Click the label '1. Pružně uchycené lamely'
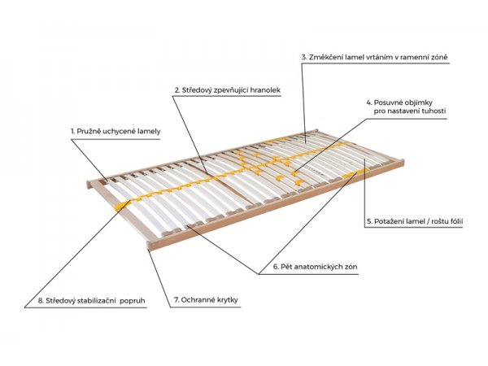click(x=115, y=131)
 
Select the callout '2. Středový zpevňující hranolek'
click(x=228, y=90)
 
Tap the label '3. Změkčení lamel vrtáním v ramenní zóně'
click(x=375, y=57)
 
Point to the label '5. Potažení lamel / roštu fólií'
click(x=415, y=221)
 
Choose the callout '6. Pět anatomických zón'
click(x=316, y=267)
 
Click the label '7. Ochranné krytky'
click(x=206, y=299)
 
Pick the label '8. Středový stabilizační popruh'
click(x=91, y=301)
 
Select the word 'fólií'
click(x=455, y=221)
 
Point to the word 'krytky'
click(x=227, y=300)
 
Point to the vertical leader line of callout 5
click(x=364, y=193)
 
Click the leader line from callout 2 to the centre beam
click(x=190, y=134)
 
